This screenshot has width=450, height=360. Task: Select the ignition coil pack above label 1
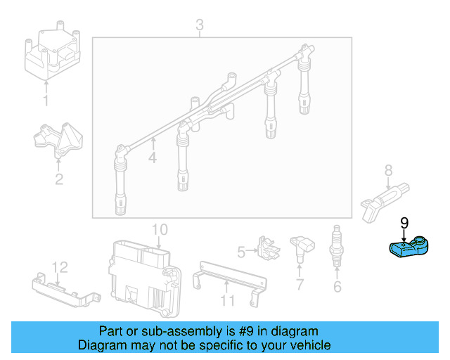[51, 54]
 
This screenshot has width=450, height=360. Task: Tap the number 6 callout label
[337, 286]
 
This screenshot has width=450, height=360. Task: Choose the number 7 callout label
[300, 285]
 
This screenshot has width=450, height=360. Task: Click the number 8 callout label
[388, 169]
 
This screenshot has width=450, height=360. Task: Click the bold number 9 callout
[404, 223]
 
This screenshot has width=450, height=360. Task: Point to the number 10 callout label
[160, 229]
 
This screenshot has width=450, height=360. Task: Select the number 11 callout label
[226, 301]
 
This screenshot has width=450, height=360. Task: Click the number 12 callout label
[60, 267]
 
